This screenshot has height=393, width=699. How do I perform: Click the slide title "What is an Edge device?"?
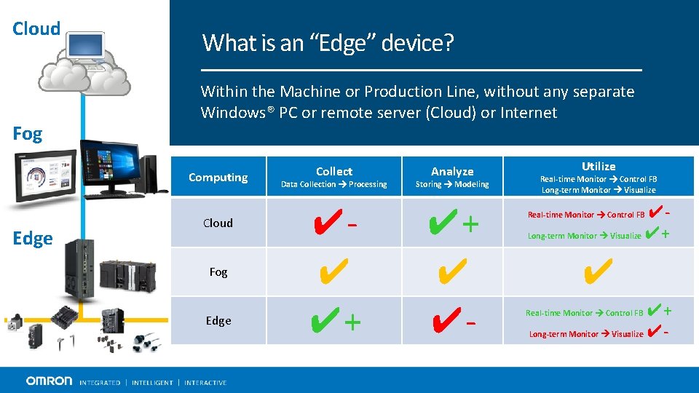[328, 44]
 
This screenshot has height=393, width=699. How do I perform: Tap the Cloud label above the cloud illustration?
[36, 29]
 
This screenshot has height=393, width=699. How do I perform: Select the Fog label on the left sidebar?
[28, 134]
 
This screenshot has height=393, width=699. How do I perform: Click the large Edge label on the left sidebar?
[33, 239]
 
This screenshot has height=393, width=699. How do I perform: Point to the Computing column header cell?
[218, 178]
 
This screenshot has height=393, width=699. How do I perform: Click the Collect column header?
[334, 172]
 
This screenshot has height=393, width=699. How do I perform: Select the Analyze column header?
[452, 172]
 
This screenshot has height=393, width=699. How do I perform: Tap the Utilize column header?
[599, 167]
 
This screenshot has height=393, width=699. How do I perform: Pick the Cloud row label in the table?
[218, 223]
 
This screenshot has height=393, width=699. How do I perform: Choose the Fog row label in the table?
[218, 272]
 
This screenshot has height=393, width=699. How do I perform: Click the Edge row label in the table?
[218, 321]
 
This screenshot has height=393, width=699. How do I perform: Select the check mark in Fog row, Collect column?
[332, 272]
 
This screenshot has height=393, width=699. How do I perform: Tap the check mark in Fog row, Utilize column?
[597, 272]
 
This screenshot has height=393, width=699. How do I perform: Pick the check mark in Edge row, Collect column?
[325, 321]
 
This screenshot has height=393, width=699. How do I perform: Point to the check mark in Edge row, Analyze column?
[444, 321]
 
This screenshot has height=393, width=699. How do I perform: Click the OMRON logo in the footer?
[50, 381]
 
